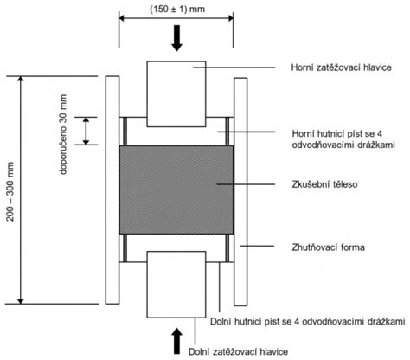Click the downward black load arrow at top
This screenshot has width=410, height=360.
click(x=176, y=38)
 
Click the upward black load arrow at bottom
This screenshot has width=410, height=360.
click(x=176, y=341)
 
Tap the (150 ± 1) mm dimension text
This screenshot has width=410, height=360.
click(x=177, y=9)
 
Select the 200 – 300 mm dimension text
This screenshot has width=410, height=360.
click(x=10, y=191)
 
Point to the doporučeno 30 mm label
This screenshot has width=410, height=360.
click(x=63, y=134)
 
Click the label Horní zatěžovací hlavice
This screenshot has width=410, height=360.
click(x=342, y=67)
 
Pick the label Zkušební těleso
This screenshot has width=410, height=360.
click(x=324, y=184)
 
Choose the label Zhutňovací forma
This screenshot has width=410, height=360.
click(x=328, y=247)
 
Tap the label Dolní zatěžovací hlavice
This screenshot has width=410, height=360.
click(x=238, y=351)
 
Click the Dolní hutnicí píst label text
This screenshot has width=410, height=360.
click(x=308, y=321)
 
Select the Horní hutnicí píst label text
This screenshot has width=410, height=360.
click(x=343, y=139)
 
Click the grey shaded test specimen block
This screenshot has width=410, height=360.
click(x=176, y=190)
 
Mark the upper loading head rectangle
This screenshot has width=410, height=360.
click(x=176, y=93)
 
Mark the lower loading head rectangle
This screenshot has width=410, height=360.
click(x=176, y=285)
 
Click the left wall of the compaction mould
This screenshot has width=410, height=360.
click(x=112, y=190)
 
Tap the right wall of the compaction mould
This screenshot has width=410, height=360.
click(x=240, y=191)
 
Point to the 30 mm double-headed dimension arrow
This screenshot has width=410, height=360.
click(x=86, y=131)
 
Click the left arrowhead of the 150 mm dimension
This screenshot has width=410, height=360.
click(x=121, y=18)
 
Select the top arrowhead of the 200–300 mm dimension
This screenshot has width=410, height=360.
click(x=21, y=79)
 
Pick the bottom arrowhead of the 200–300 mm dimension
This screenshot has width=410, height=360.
click(x=21, y=301)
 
